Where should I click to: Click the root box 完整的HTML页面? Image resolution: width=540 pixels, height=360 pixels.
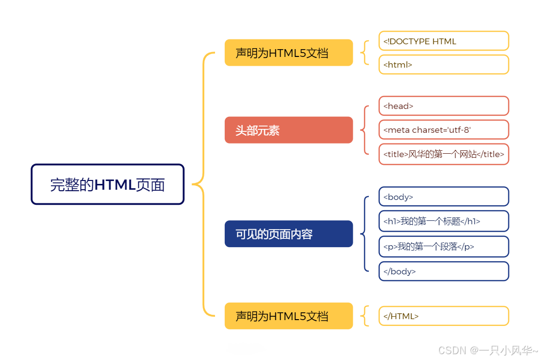(x=108, y=184)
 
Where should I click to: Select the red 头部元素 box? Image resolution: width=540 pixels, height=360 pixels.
(x=288, y=130)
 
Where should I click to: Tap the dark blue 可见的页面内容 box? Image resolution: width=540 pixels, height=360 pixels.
(x=288, y=234)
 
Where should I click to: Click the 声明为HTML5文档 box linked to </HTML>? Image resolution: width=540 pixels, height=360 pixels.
(x=288, y=316)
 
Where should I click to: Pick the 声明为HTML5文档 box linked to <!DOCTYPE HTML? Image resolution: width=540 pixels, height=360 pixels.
(x=288, y=53)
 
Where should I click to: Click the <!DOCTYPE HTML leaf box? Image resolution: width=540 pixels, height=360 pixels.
(x=444, y=41)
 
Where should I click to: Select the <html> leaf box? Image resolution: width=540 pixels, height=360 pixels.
(x=444, y=64)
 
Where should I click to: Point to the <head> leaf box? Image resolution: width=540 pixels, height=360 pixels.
(x=444, y=106)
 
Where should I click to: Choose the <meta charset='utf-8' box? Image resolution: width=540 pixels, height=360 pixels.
(x=444, y=130)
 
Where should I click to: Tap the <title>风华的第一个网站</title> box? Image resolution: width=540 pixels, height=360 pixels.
(x=444, y=154)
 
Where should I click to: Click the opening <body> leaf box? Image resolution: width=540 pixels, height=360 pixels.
(x=444, y=197)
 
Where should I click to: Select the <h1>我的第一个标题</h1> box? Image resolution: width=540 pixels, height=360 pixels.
(x=444, y=221)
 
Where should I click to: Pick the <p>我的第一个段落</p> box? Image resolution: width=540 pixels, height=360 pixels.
(x=444, y=247)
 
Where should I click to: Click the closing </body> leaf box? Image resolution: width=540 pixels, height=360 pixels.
(x=444, y=271)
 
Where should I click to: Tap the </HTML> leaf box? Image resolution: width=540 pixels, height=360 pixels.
(x=444, y=316)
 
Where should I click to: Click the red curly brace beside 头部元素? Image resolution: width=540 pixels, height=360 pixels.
(x=364, y=130)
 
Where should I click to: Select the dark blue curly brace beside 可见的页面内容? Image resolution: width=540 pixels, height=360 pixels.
(x=364, y=234)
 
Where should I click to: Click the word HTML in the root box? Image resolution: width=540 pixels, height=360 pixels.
(x=115, y=185)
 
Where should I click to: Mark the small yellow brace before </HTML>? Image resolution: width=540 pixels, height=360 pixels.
(x=364, y=316)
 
